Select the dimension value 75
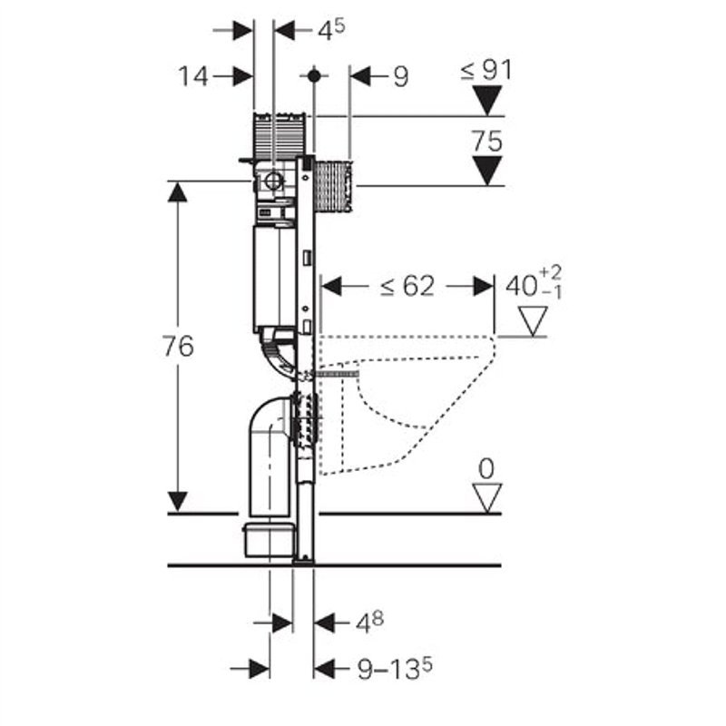(x=486, y=141)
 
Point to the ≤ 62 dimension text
(x=407, y=287)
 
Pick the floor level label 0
(x=486, y=469)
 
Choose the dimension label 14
(x=193, y=76)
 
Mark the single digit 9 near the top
(x=400, y=76)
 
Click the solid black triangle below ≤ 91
(x=488, y=100)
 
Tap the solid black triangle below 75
(x=488, y=170)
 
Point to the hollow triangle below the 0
(x=487, y=496)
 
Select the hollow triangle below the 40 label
(x=532, y=320)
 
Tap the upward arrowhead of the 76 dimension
(x=178, y=191)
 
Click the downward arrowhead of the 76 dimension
(x=178, y=500)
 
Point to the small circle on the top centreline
(x=313, y=76)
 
